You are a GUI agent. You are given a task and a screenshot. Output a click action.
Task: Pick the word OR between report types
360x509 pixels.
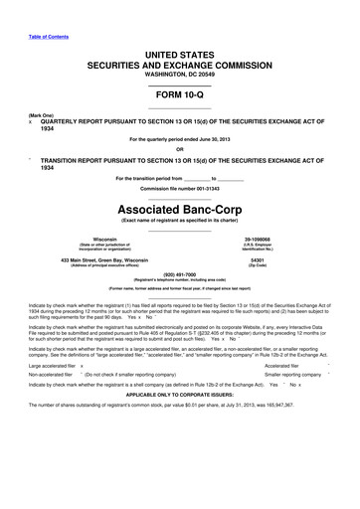point(180,150)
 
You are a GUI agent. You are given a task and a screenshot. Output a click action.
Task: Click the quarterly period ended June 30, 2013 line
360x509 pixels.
point(180,139)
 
